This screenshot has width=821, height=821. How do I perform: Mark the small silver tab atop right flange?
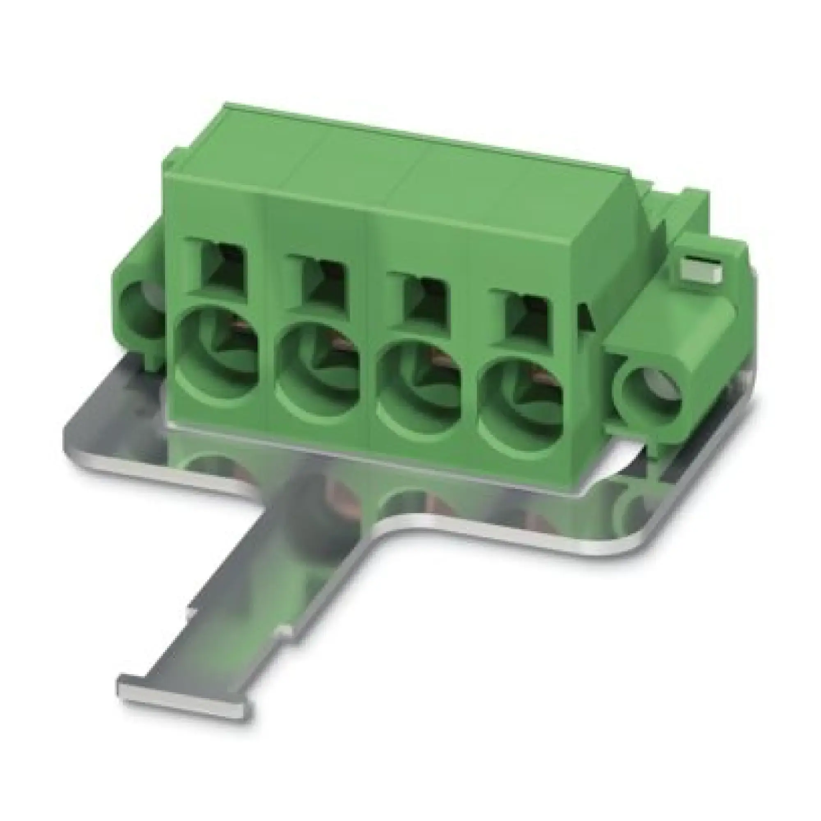pyautogui.click(x=702, y=271)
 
